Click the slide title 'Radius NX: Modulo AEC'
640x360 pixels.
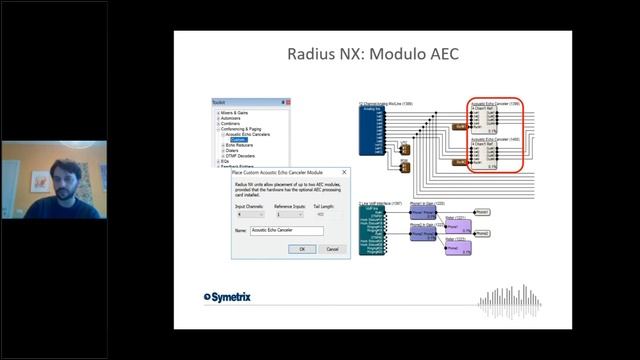tap(372, 53)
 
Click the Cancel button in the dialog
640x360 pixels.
tap(332, 249)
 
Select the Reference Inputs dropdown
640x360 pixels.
tap(290, 214)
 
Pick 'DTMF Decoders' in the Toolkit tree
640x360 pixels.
tap(239, 156)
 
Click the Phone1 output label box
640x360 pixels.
tap(482, 212)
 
